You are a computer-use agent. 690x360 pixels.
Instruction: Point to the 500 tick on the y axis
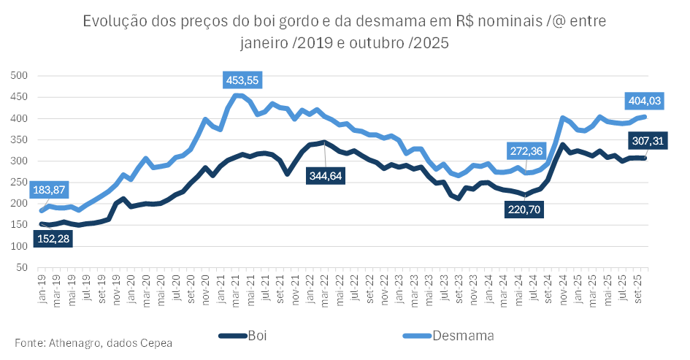pyautogui.click(x=18, y=75)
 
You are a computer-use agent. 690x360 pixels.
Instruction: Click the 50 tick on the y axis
pyautogui.click(x=21, y=268)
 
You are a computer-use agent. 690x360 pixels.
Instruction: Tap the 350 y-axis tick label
pyautogui.click(x=18, y=139)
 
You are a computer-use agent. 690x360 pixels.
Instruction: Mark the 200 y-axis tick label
pyautogui.click(x=18, y=204)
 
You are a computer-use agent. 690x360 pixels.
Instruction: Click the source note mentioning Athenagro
pyautogui.click(x=93, y=342)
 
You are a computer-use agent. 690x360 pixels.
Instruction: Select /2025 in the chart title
pyautogui.click(x=429, y=43)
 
